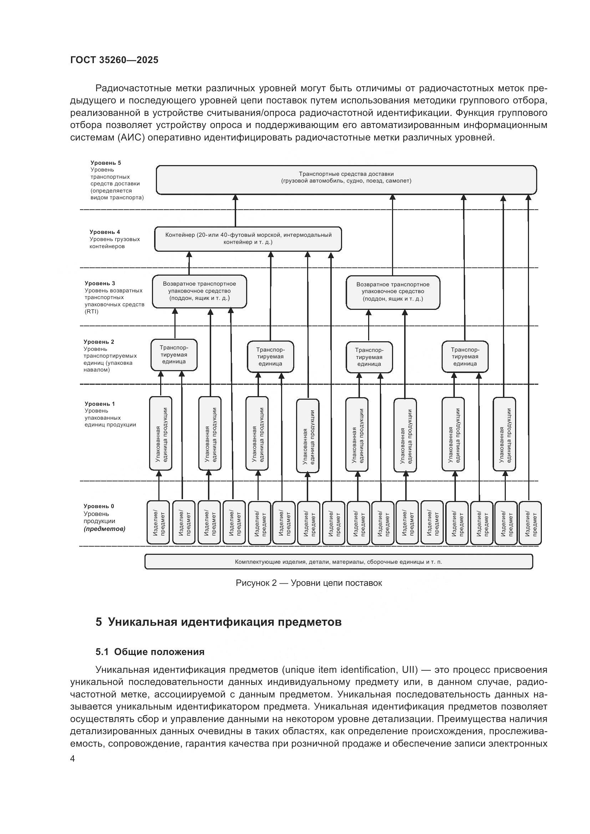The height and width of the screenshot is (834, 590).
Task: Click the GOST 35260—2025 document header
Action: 114,60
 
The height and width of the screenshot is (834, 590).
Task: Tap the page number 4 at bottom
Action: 72,758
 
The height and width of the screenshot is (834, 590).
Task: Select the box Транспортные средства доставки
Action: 346,180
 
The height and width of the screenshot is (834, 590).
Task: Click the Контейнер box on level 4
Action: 248,239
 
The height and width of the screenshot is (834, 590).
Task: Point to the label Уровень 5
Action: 106,163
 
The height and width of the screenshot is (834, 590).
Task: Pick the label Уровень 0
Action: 99,506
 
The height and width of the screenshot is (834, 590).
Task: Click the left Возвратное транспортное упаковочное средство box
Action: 199,291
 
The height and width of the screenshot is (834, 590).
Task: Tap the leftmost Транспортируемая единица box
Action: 174,355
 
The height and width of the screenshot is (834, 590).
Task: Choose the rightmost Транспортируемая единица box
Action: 465,357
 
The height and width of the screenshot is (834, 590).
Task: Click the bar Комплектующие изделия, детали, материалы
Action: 338,562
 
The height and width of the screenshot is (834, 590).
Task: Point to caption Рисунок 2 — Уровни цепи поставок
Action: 309,583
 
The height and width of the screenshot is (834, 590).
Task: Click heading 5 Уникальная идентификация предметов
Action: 218,622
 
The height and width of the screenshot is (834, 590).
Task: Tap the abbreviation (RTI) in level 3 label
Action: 92,311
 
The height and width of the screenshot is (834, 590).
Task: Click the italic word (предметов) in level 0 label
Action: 105,528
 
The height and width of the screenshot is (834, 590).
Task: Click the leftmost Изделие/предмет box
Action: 158,523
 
